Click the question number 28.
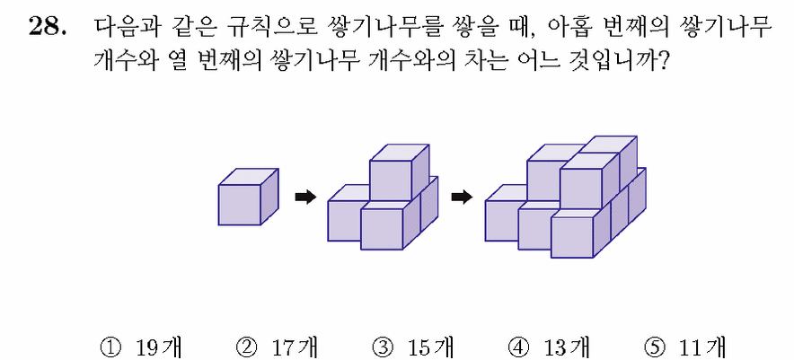click(47, 26)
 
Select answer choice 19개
click(158, 347)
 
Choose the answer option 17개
click(295, 347)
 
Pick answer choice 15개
click(430, 347)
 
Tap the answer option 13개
click(566, 347)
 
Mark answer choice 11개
click(701, 347)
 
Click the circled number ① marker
click(111, 347)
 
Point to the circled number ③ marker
click(383, 347)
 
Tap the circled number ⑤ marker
click(654, 347)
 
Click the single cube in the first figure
click(248, 197)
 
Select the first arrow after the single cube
click(305, 197)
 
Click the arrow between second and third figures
click(462, 197)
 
